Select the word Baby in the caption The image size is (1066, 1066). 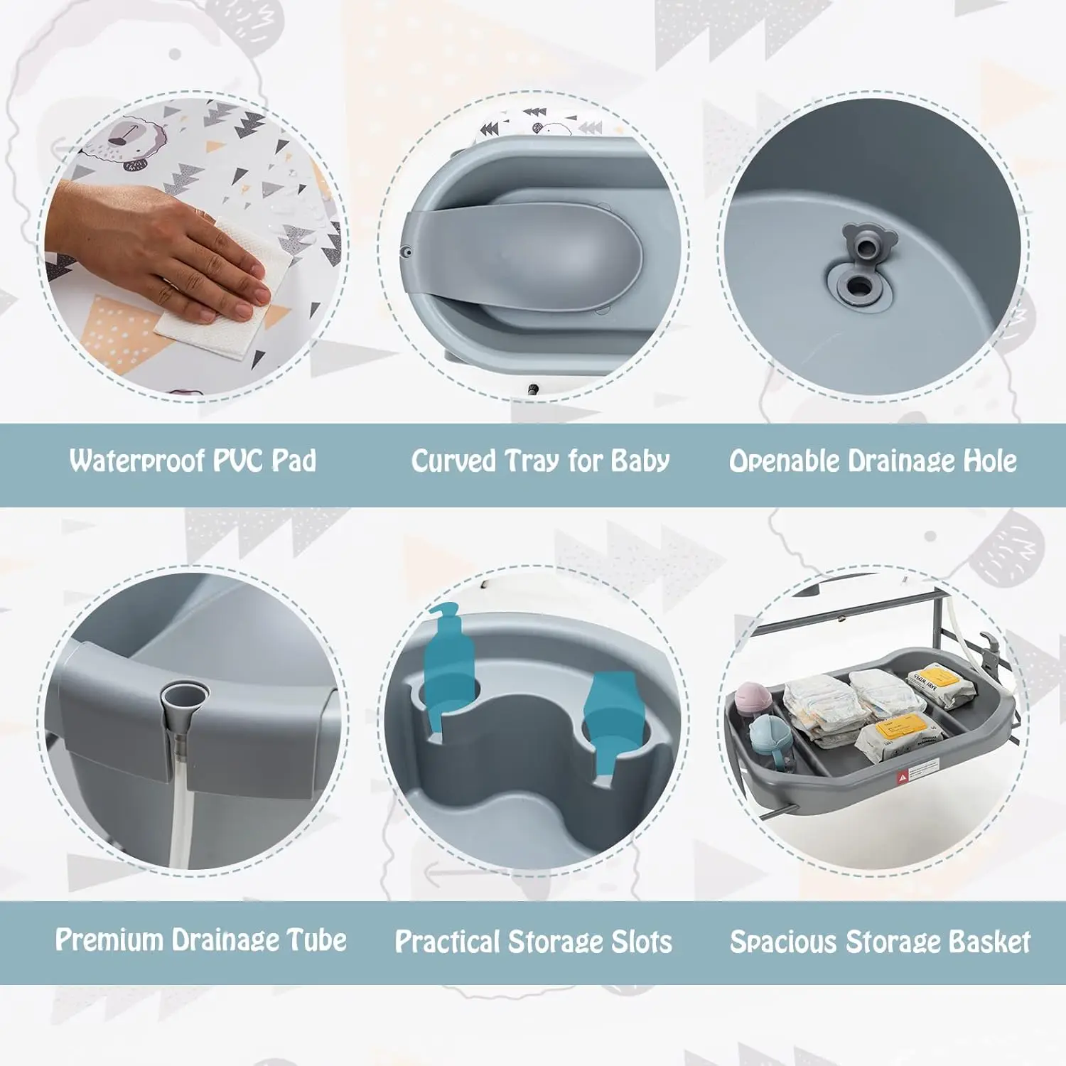pos(640,461)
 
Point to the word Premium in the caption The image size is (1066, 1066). pos(110,940)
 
